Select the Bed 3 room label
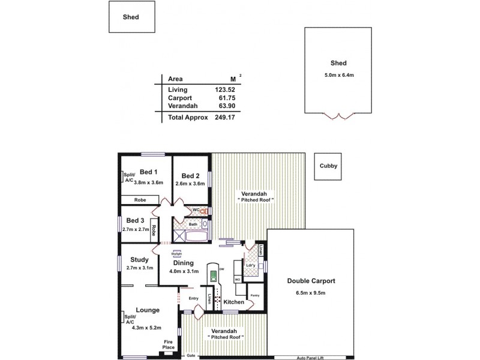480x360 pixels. tap(135, 220)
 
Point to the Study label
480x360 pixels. tap(139, 260)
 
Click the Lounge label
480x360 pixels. tap(148, 310)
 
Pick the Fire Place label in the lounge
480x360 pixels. tap(169, 344)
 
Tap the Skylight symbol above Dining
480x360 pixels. tap(177, 253)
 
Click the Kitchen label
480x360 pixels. tap(234, 302)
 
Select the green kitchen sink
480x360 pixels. tap(212, 276)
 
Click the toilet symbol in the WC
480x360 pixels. tap(203, 211)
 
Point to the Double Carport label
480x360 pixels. tap(310, 281)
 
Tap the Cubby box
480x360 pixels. tap(327, 166)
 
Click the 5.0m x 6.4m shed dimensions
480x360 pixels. tap(338, 74)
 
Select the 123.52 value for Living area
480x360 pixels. tap(228, 89)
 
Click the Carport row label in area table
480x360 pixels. tap(179, 98)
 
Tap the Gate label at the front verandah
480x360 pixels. tap(191, 355)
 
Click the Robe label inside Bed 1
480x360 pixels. tap(140, 200)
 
